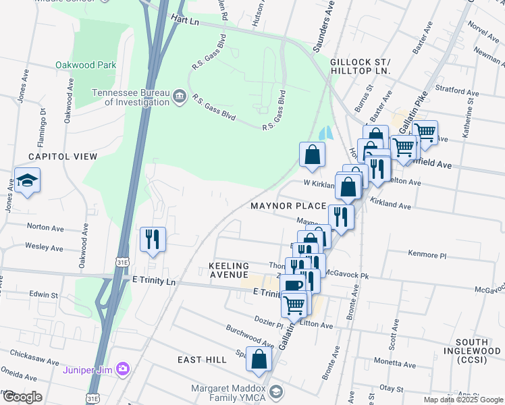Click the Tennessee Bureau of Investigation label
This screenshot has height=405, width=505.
tap(130, 97)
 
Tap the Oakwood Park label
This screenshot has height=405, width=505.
tap(86, 65)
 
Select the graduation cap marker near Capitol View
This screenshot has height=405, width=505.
tap(28, 181)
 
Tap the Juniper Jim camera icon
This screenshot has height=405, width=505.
tap(123, 368)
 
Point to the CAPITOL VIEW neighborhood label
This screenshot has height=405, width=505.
tap(63, 157)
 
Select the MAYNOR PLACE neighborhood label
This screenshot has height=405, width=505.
tap(288, 205)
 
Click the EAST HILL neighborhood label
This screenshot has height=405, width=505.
tap(202, 360)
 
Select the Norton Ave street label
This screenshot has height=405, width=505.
tap(43, 227)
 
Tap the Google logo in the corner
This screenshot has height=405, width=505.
tap(22, 397)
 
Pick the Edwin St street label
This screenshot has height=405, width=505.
tap(44, 294)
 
